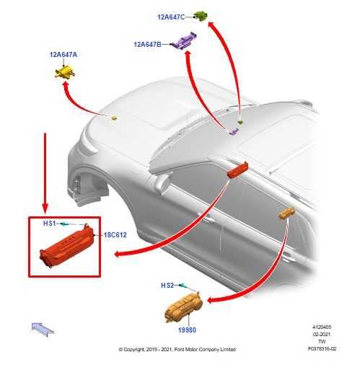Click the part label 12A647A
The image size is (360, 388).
pos(63,54)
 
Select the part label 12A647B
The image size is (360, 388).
pos(148,44)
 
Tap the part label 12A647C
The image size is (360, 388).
pos(171,17)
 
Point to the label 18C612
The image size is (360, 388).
pos(115,235)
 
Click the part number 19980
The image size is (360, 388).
pos(187,330)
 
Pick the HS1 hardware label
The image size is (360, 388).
pos(50,223)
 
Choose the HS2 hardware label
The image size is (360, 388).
pos(167,286)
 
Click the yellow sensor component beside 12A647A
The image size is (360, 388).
pos(65,72)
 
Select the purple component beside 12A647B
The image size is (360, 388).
pos(185,41)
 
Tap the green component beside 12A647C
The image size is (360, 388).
pos(201,16)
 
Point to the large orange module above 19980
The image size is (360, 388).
pos(183,307)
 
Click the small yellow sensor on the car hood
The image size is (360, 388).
pos(115,118)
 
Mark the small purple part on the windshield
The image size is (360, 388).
pos(234,132)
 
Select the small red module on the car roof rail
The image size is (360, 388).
pos(237,170)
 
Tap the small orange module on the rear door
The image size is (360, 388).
pos(286,213)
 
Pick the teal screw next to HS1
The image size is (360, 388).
pos(65,224)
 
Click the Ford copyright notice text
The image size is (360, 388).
pos(177,349)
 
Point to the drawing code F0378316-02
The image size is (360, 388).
pos(322,348)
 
